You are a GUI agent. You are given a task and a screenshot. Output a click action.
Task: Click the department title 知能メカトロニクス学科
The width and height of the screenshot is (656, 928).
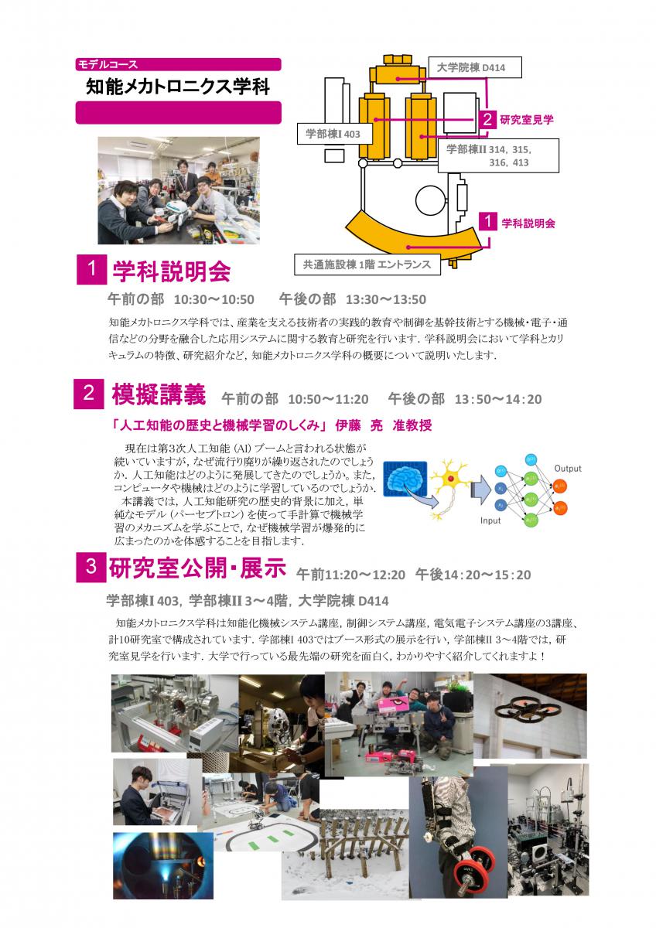tap(178, 87)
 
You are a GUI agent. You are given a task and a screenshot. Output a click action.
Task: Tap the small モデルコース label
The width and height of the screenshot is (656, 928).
tap(108, 64)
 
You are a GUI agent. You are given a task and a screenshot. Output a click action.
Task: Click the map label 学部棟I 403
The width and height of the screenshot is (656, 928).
tap(333, 134)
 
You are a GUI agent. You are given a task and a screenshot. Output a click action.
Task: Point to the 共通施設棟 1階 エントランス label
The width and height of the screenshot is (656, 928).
tap(367, 264)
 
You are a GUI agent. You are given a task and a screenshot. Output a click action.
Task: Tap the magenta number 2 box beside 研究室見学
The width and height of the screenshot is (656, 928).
tap(487, 119)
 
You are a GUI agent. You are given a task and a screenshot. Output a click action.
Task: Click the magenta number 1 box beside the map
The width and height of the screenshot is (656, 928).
tap(488, 221)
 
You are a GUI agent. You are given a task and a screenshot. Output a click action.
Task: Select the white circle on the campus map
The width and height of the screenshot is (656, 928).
tap(430, 201)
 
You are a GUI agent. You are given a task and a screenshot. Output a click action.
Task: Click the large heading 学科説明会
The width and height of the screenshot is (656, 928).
tap(171, 271)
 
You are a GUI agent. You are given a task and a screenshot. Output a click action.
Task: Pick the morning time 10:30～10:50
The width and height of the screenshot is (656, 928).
tap(214, 299)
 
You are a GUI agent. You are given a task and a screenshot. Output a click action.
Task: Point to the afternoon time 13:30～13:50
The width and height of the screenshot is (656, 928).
tap(386, 299)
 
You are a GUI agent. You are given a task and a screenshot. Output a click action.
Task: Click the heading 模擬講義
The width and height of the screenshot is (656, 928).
tap(159, 394)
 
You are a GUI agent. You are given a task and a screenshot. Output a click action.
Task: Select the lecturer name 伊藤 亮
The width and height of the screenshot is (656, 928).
tap(359, 425)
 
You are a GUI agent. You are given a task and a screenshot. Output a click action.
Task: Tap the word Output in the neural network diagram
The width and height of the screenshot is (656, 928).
tap(568, 469)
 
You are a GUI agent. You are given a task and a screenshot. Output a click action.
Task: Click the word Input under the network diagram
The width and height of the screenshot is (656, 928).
tap(490, 520)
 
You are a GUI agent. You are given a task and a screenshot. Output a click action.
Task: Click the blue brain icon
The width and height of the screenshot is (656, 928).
tap(405, 479)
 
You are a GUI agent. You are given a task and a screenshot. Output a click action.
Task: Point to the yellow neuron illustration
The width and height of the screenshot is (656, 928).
tap(449, 486)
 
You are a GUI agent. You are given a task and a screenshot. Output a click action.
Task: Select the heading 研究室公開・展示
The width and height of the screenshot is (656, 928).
tap(197, 568)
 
